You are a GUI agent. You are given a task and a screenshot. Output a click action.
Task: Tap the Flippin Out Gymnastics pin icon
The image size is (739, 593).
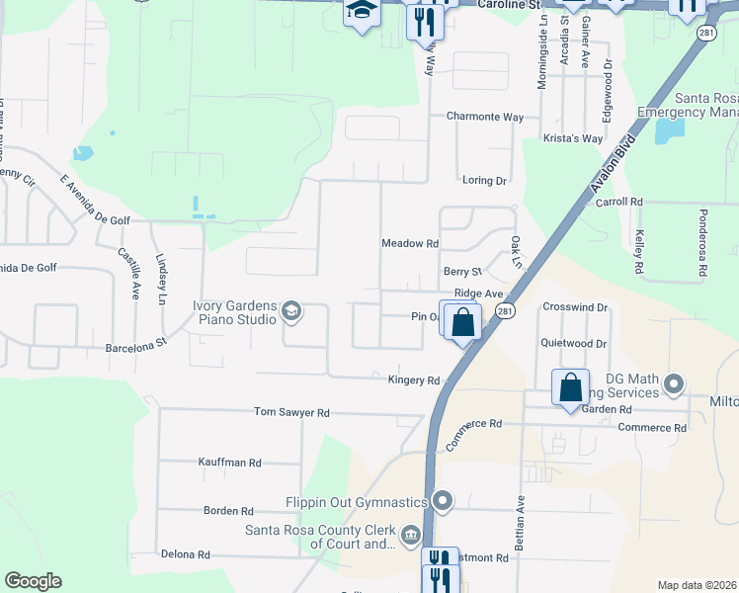443,502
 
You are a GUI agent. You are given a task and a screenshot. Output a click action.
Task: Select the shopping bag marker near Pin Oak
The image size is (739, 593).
461,322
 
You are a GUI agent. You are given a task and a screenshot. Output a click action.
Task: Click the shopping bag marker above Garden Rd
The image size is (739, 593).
571,386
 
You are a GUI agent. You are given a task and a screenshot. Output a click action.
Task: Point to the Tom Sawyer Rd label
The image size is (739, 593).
291,412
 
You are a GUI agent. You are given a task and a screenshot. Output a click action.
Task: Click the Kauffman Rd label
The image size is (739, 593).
229,462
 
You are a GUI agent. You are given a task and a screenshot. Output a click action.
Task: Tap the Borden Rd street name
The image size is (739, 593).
228,511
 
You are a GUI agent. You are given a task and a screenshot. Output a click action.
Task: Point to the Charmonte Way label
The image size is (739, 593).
484,117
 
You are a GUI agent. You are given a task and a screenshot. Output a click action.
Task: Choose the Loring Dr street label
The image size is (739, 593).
484,181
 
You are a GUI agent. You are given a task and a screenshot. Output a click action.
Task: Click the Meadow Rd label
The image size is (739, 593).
409,243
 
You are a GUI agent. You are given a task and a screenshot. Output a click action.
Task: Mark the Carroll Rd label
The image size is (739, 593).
619,202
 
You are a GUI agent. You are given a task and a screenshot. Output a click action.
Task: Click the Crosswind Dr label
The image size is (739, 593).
575,307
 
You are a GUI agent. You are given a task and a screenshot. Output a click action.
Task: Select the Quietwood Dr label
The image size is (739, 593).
573,344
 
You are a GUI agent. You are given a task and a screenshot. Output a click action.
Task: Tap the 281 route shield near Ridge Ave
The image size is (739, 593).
505,311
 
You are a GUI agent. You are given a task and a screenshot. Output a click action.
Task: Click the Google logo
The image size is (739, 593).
33,581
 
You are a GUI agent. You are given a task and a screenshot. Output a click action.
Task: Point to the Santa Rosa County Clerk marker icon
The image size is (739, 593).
410,539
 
